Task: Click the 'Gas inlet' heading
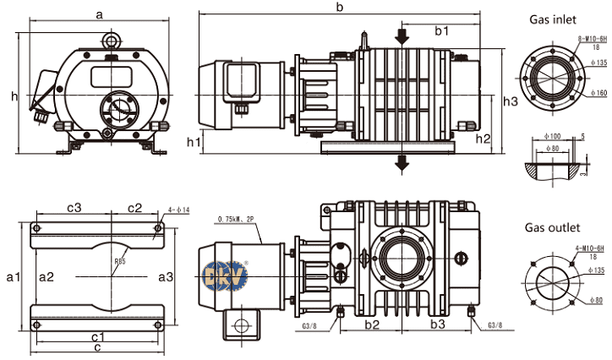pyautogui.click(x=554, y=18)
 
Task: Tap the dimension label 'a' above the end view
pyautogui.click(x=100, y=14)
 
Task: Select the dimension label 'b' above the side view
pyautogui.click(x=339, y=8)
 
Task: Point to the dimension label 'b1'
pyautogui.click(x=441, y=30)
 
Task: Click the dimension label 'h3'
pyautogui.click(x=511, y=101)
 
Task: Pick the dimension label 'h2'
pyautogui.click(x=483, y=139)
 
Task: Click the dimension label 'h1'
pyautogui.click(x=194, y=141)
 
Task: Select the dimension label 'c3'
pyautogui.click(x=74, y=208)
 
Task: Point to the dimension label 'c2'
pyautogui.click(x=135, y=208)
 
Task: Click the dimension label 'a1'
pyautogui.click(x=12, y=276)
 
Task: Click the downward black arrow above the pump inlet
pyautogui.click(x=402, y=34)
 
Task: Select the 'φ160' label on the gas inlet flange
pyautogui.click(x=599, y=92)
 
